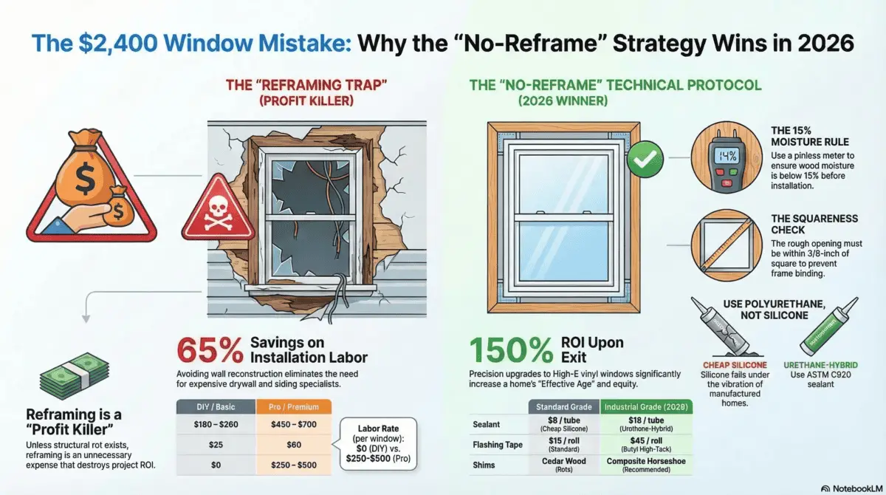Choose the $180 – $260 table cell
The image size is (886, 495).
pos(216,426)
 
